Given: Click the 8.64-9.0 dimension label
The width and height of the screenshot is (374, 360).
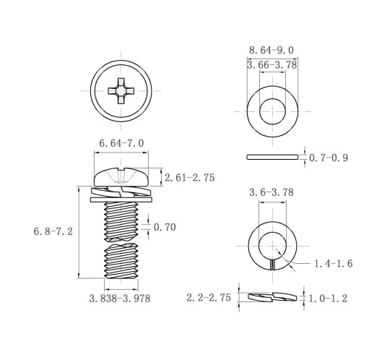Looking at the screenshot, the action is (x=271, y=51).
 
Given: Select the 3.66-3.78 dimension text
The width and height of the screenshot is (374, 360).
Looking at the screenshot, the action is (x=272, y=65).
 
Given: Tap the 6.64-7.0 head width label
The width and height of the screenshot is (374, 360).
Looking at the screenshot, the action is (x=121, y=143).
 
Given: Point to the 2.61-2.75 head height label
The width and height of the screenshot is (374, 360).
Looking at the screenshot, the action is (x=189, y=178).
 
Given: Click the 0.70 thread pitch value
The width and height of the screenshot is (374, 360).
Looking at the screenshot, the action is (x=165, y=227).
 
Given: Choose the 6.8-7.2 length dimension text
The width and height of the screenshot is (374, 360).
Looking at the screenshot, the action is (x=53, y=231).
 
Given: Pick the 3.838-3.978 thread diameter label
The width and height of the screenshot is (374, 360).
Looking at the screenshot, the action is (x=120, y=299).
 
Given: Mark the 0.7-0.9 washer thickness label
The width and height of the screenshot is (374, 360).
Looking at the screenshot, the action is (x=329, y=158).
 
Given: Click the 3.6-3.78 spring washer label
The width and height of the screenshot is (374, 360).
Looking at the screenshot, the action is (x=271, y=192).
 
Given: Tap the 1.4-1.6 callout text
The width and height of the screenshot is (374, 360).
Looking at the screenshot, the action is (x=334, y=264).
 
